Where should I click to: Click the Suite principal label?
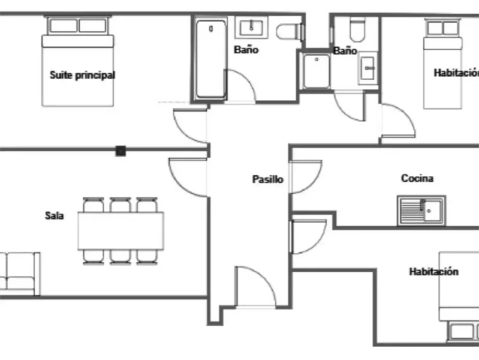tap(82, 75)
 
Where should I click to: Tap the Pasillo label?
tap(267, 179)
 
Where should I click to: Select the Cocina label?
tap(417, 178)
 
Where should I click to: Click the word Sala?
tap(55, 215)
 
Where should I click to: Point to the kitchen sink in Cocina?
tap(421, 211)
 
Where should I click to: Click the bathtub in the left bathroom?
tap(211, 59)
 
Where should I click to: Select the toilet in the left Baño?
tap(290, 31)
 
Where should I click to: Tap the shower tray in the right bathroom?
tap(317, 71)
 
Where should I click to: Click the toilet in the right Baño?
tap(357, 29)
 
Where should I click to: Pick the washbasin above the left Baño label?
tap(251, 28)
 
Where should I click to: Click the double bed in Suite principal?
tap(77, 61)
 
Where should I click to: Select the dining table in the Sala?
tap(120, 230)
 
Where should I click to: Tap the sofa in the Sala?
tap(19, 274)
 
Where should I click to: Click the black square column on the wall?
tap(120, 151)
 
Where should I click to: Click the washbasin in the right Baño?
tap(367, 68)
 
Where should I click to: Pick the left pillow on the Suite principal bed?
tap(64, 26)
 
